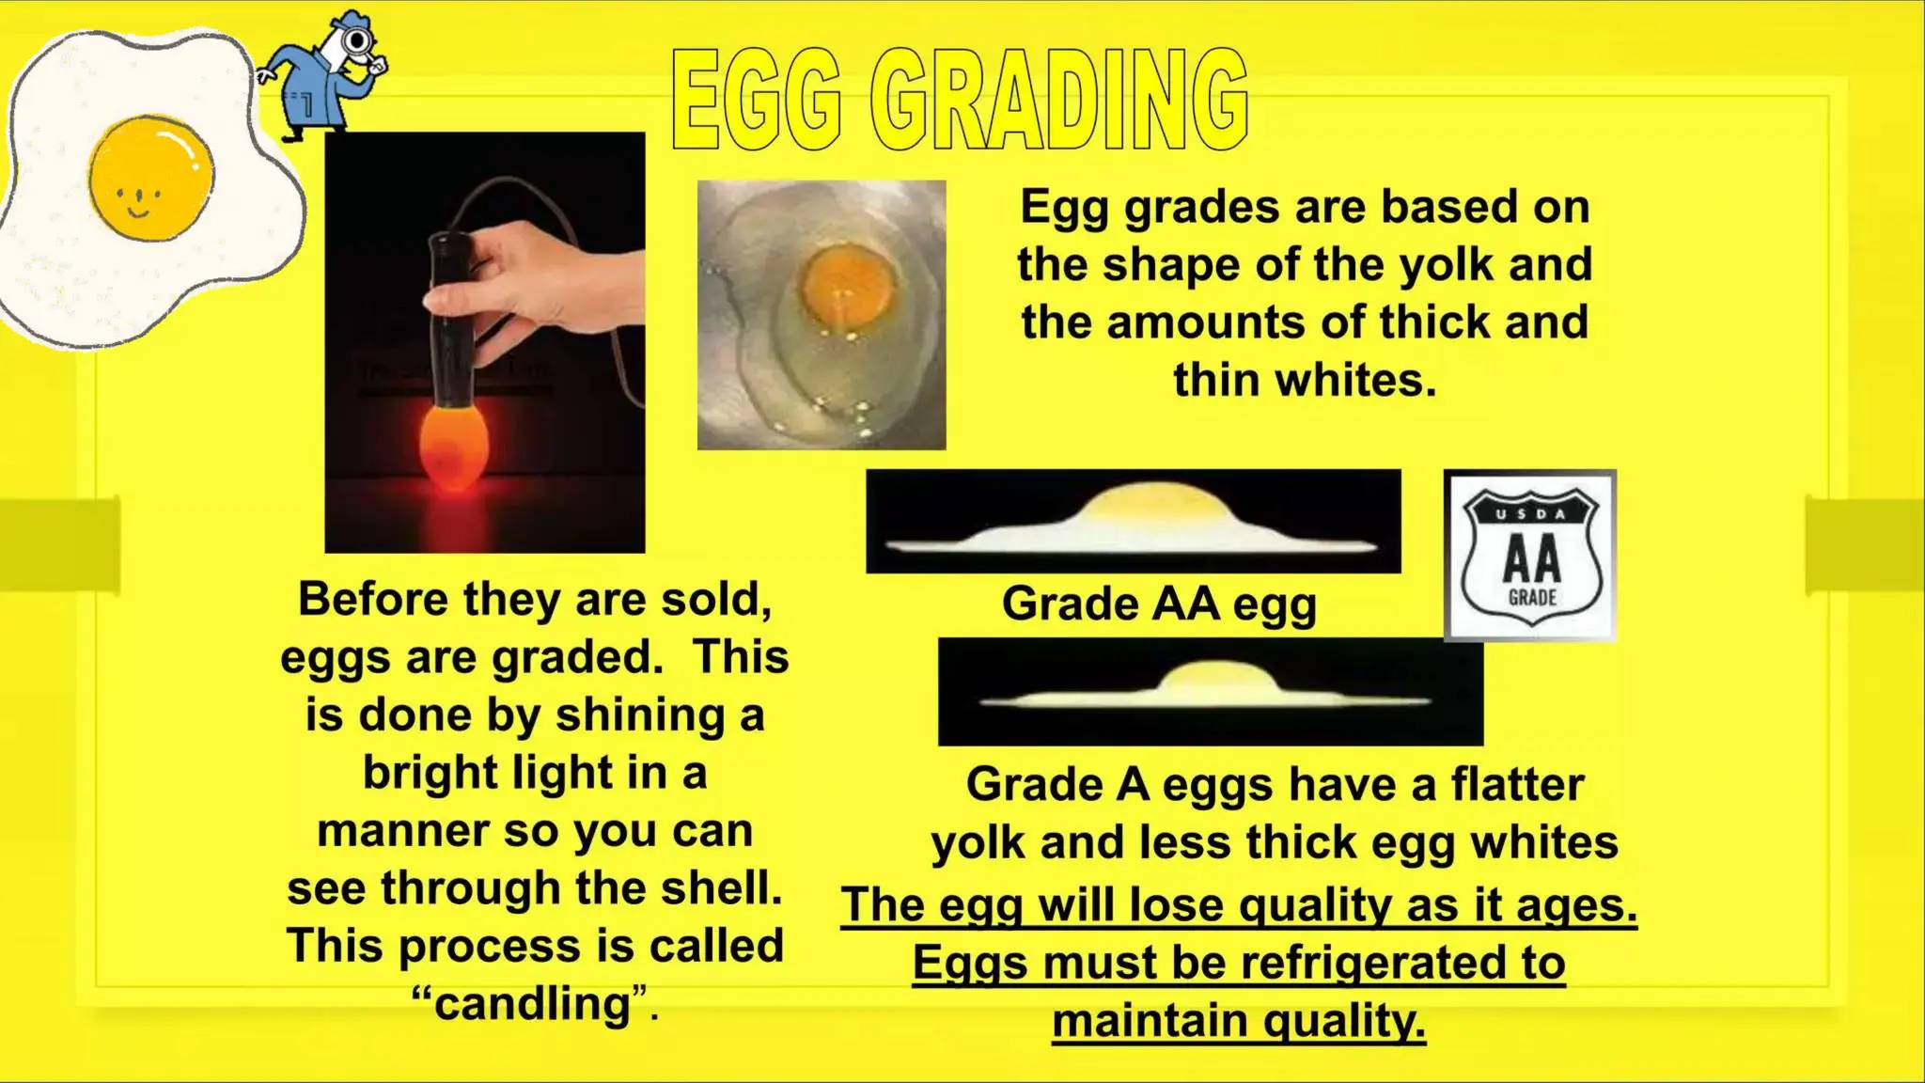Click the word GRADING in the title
pos(1059,101)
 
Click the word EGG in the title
pos(757,101)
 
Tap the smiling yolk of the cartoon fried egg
pos(150,176)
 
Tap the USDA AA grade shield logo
pos(1530,556)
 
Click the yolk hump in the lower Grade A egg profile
pos(1213,677)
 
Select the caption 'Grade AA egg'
pos(1159,604)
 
